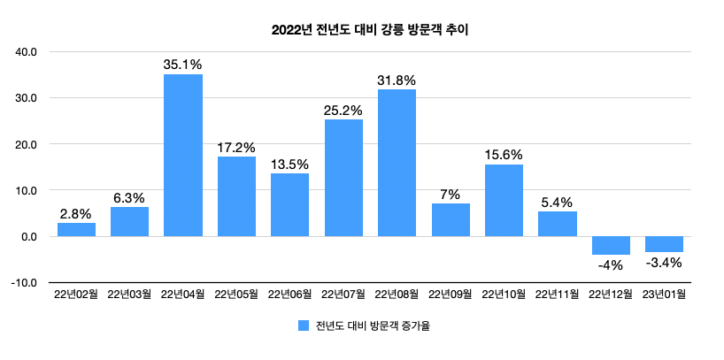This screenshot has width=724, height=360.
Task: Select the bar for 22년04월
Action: (183, 155)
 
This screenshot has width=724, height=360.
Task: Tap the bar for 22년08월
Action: (397, 163)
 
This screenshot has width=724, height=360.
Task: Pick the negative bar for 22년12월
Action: (611, 245)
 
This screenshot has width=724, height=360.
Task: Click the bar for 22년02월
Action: (76, 229)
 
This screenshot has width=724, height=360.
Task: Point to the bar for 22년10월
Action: (504, 200)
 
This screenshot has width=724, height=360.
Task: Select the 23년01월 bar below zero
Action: (664, 244)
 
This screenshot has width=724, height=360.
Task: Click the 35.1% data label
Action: (183, 65)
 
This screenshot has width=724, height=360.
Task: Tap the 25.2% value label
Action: (343, 110)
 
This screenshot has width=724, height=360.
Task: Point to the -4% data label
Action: (611, 264)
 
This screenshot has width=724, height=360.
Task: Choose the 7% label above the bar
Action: (451, 195)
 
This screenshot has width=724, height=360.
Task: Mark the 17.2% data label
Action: (236, 147)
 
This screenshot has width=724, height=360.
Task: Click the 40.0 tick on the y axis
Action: (27, 51)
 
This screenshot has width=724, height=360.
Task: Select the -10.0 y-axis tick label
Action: (25, 282)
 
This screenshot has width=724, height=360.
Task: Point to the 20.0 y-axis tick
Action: (27, 143)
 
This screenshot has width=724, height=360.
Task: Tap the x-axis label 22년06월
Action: (289, 295)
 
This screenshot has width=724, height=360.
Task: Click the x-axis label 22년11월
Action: (557, 295)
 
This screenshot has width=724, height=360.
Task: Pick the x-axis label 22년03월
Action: (129, 295)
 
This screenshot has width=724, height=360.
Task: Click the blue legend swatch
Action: (304, 326)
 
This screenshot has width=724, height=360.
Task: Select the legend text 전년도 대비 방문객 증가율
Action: (373, 326)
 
